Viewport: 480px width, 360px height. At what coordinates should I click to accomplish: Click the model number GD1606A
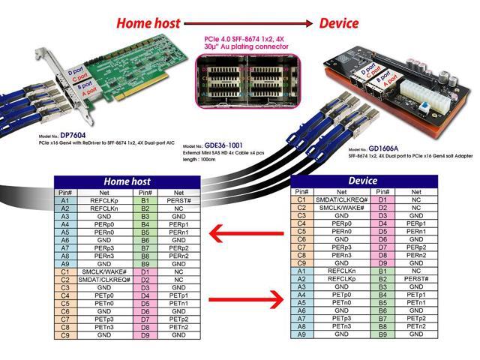pos(391,149)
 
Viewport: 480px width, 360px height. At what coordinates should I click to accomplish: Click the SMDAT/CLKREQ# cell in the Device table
pos(342,199)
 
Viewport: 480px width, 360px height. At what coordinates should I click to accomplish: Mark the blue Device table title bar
pos(363,181)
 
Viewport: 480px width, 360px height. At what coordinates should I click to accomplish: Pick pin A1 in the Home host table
pos(65,201)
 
